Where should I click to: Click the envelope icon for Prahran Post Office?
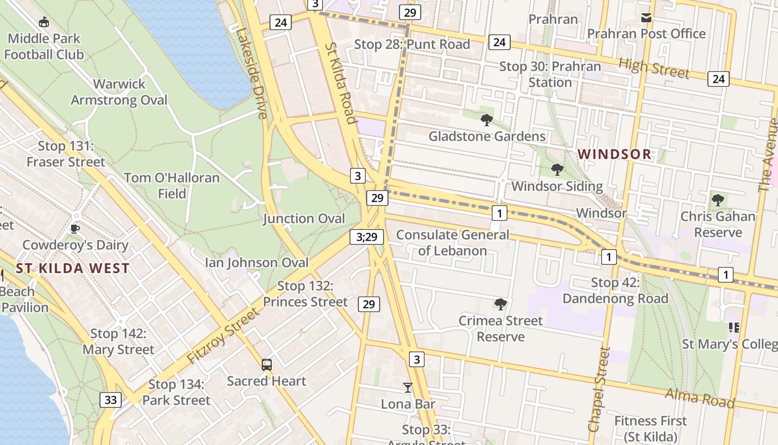(x=646, y=18)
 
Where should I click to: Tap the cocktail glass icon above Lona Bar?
(x=408, y=387)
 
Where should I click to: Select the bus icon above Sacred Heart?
(x=267, y=365)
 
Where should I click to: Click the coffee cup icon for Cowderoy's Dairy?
(x=75, y=229)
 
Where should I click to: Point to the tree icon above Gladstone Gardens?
(x=487, y=120)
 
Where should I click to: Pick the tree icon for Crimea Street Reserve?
(x=500, y=304)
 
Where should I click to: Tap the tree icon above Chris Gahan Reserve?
(x=717, y=200)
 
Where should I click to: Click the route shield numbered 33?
(x=111, y=399)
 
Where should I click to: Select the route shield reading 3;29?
(x=367, y=237)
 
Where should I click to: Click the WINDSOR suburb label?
(x=615, y=154)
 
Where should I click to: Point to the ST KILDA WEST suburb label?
(x=72, y=268)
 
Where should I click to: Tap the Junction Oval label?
(x=304, y=219)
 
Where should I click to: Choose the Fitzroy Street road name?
(x=223, y=337)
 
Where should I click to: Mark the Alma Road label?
(x=700, y=399)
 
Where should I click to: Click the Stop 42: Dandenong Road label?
(x=615, y=290)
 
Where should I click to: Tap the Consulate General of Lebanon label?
(x=452, y=243)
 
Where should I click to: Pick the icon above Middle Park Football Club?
(x=43, y=22)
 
